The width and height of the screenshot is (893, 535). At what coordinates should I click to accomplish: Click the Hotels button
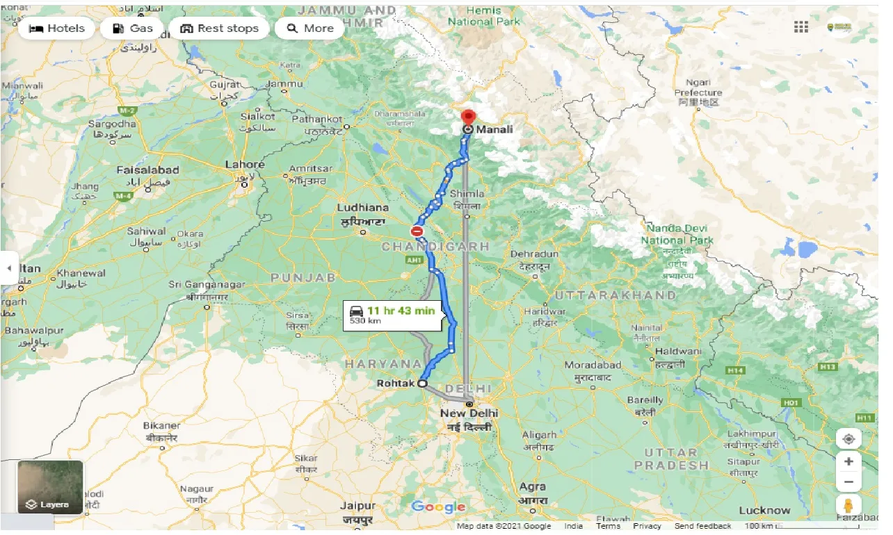click(57, 28)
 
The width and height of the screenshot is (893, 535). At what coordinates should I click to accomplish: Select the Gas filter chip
click(132, 28)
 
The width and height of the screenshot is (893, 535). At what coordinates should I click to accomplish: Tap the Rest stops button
click(219, 28)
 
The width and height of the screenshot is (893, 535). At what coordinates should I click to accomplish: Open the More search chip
click(310, 28)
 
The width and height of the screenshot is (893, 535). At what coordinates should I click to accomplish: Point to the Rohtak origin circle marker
click(422, 383)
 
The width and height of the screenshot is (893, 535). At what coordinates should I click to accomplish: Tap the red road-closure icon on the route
click(417, 231)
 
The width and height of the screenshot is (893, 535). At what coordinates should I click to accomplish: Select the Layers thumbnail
click(50, 487)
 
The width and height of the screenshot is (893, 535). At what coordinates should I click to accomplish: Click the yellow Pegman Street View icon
click(848, 505)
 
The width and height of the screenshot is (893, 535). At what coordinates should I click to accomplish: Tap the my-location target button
click(848, 439)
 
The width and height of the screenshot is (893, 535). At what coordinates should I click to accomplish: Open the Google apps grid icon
click(801, 27)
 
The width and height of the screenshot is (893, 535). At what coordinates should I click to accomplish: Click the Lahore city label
click(245, 165)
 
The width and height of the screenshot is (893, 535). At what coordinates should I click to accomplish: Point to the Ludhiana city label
click(362, 208)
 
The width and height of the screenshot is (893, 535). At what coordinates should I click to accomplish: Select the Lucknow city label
click(764, 510)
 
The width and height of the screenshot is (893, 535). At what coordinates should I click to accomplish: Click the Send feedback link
click(702, 526)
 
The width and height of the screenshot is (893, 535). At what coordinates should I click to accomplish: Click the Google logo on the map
click(438, 507)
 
